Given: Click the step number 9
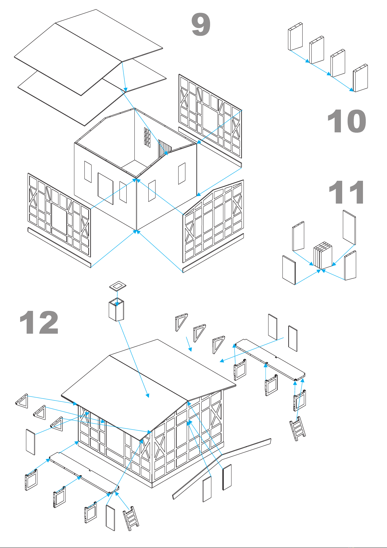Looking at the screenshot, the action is click(201, 24).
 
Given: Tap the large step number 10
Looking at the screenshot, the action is click(347, 121).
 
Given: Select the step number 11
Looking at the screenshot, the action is click(346, 192).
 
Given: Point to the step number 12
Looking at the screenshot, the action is click(39, 322).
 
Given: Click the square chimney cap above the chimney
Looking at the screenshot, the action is click(118, 286).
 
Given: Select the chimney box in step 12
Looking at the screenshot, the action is click(116, 310).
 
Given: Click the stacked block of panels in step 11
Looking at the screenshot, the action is click(323, 255).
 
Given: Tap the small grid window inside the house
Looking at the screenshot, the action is click(147, 138).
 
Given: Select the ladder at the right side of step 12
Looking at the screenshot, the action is click(298, 429).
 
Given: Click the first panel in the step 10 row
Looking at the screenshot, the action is click(295, 36).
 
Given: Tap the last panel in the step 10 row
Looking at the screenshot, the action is click(360, 78).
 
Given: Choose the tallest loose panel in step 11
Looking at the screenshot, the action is click(349, 227).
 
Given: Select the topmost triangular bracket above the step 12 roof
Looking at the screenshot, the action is click(181, 322).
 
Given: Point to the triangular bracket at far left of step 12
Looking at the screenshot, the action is click(22, 401).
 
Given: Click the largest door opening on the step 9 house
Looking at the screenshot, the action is click(106, 188).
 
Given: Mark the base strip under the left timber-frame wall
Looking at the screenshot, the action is click(59, 247).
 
